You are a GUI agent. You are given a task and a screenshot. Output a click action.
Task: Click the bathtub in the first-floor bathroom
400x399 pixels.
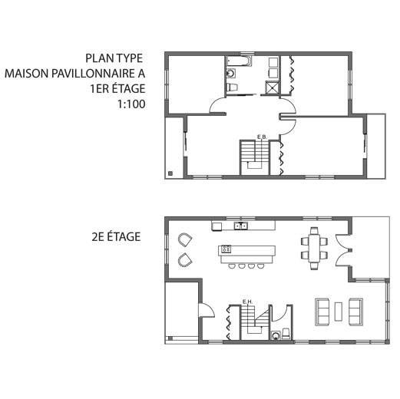[240, 61]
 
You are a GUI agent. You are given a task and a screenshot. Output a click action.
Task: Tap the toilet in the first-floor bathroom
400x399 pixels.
[233, 87]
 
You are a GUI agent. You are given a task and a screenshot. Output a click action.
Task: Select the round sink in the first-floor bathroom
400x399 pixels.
[230, 74]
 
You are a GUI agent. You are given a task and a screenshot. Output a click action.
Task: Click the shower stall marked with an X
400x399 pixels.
[272, 87]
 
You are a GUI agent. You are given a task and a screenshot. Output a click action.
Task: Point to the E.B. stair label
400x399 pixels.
[262, 137]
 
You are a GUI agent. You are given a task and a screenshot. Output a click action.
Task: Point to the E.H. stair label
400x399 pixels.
[248, 302]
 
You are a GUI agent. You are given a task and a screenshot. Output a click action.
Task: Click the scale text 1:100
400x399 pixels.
[131, 104]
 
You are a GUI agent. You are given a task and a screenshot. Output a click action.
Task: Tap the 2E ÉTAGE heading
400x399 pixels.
[116, 236]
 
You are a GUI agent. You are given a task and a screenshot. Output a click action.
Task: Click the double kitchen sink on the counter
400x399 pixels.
[241, 226]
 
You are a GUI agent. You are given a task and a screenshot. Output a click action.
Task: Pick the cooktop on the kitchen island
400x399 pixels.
[226, 249]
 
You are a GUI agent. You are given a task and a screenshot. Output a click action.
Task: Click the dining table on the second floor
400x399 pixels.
[314, 249]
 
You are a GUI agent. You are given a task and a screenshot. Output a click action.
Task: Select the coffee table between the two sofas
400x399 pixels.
[339, 312]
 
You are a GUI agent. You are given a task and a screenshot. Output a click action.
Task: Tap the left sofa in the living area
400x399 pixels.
[322, 312]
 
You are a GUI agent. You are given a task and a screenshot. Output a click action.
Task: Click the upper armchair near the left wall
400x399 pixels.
[185, 239]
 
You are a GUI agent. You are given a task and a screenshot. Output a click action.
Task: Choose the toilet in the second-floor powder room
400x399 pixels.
[286, 334]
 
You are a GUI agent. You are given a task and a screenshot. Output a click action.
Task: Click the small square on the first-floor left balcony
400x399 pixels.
[170, 173]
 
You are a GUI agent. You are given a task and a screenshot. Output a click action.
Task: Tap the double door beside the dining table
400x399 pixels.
[344, 250]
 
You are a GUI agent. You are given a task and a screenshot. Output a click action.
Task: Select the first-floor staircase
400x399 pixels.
[255, 158]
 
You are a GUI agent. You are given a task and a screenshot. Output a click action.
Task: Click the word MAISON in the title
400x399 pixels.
[27, 74]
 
